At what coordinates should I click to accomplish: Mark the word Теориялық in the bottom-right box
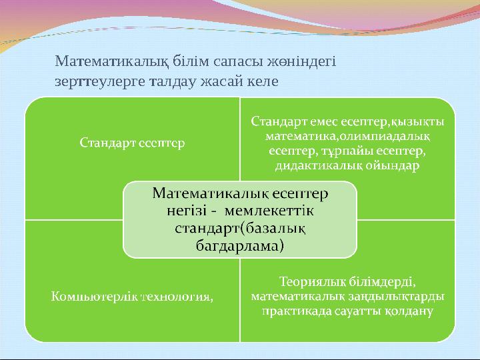(x=310, y=281)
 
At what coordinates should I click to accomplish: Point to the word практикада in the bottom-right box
(x=294, y=311)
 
